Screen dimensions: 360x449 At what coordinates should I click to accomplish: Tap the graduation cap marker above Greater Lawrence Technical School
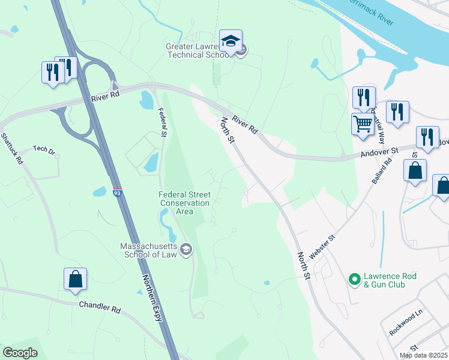click(x=231, y=41)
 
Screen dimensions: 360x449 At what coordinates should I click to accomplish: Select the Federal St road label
click(x=161, y=122)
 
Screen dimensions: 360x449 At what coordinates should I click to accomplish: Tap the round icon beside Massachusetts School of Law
click(x=186, y=250)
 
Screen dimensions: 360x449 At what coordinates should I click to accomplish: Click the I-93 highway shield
click(x=118, y=193)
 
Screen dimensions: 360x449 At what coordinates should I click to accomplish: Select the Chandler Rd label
click(x=100, y=307)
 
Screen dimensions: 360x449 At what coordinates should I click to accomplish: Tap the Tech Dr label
click(x=44, y=149)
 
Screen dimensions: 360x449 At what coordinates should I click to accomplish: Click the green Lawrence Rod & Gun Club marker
click(x=354, y=279)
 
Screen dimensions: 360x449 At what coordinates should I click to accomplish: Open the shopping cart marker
click(x=363, y=125)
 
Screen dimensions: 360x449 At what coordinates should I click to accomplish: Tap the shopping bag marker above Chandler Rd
click(x=75, y=280)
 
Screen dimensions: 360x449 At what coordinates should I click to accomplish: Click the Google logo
click(x=20, y=353)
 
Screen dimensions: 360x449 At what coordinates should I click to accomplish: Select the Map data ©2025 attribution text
click(x=423, y=355)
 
